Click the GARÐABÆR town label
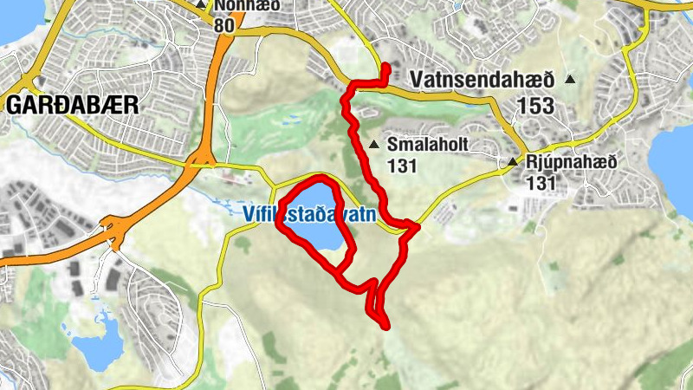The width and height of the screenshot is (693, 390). [x=72, y=105]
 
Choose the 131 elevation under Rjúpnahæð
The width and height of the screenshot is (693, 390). [x=541, y=183]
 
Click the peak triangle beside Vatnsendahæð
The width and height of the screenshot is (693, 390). [x=570, y=80]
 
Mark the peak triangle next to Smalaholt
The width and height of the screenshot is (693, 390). [x=373, y=145]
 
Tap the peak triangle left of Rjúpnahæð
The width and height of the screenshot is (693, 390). [x=512, y=162]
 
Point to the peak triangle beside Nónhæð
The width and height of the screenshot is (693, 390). [x=201, y=4]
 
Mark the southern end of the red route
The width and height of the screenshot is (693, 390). [x=385, y=326]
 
